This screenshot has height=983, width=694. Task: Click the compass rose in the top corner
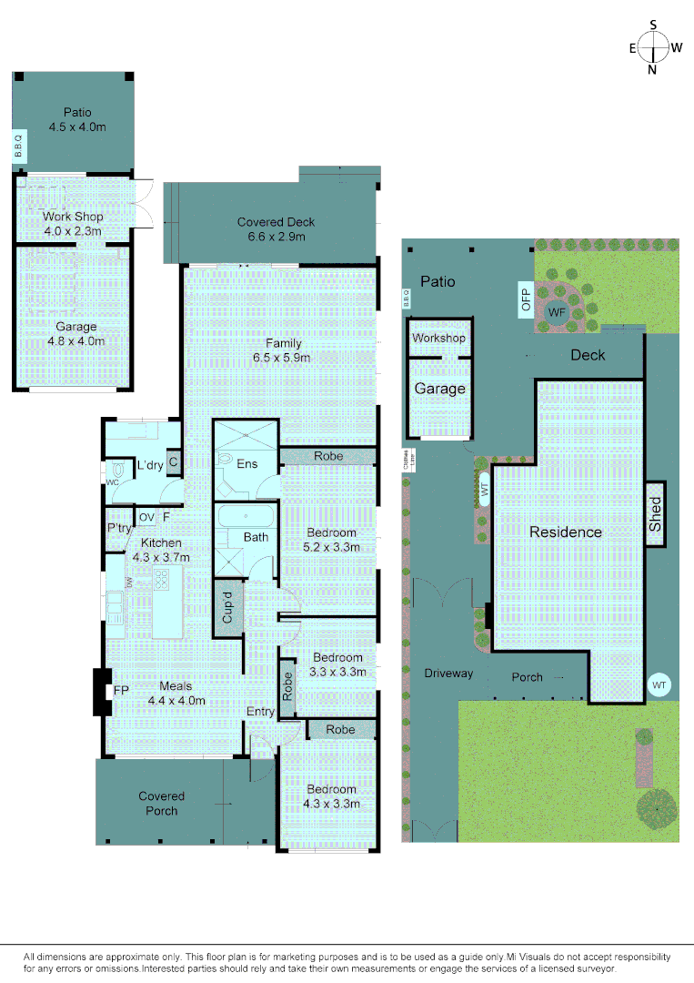653,47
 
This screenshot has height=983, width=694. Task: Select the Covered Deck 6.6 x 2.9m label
277,228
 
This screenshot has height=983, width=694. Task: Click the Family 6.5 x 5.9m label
283,350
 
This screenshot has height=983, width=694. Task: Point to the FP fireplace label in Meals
120,692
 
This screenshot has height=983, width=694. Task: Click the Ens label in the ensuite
246,464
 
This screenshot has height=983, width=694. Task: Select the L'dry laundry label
149,466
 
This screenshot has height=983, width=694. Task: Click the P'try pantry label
119,528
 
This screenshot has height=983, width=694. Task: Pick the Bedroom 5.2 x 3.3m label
331,540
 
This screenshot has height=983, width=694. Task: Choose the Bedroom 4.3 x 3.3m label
331,796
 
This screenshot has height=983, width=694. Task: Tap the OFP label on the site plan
525,299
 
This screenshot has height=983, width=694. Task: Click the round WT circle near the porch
659,684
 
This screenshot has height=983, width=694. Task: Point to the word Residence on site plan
566,532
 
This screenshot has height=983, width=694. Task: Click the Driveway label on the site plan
448,674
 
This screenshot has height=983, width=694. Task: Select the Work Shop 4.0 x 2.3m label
73,224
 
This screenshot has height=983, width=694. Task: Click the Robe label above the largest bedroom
327,455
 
